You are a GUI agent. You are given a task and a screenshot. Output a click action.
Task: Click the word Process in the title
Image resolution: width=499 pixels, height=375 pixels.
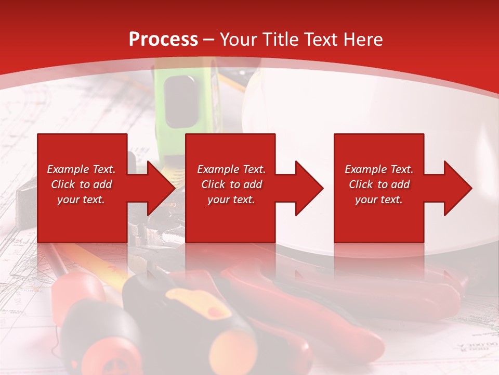163,39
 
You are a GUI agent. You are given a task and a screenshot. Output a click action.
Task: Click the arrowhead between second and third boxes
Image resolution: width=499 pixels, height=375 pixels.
308,188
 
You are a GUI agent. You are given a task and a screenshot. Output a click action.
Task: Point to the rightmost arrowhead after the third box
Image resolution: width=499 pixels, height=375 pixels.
457,188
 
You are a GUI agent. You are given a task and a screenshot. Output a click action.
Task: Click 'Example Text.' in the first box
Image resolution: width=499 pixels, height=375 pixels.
81,169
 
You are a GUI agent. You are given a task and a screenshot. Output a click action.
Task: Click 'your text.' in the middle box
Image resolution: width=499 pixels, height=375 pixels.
231,199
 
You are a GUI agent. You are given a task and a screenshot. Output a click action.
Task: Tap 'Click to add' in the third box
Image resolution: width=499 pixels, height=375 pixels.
379,184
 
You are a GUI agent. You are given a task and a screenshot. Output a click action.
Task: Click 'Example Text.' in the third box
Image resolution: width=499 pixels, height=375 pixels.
379,169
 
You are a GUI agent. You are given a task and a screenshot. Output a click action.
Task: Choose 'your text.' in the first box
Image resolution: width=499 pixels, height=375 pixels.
81,199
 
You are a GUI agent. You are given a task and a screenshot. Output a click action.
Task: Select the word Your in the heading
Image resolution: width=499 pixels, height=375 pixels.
237,39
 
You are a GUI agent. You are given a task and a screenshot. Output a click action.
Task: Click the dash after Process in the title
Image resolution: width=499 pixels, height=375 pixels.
209,39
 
